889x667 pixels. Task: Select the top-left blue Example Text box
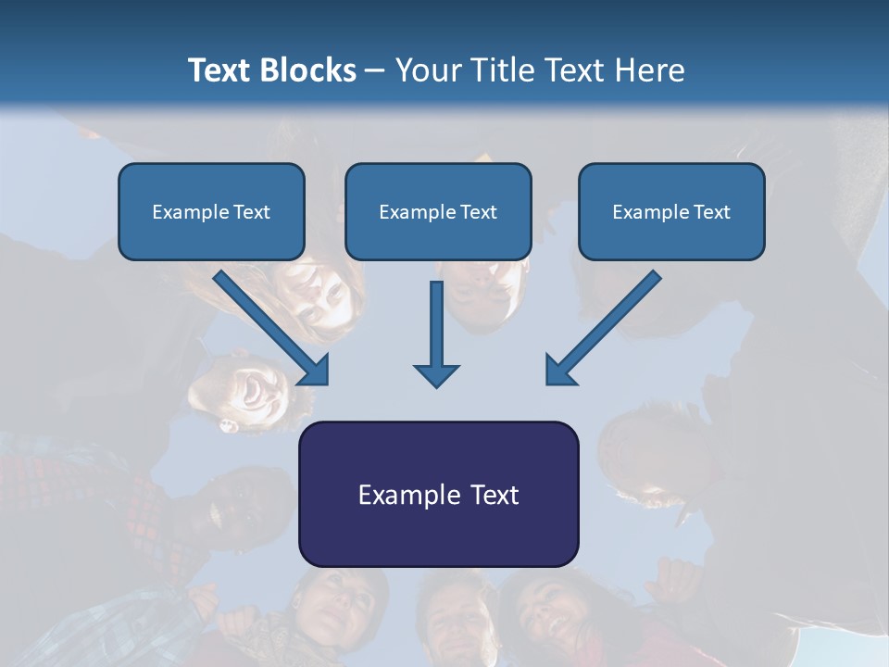tap(211, 211)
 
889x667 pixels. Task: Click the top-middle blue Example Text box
tap(438, 211)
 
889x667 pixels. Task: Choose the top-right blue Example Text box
tap(671, 211)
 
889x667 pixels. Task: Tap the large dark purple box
tap(438, 494)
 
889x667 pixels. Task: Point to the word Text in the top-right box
tap(711, 212)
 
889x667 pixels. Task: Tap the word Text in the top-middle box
tap(478, 212)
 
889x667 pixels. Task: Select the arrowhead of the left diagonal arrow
tap(314, 370)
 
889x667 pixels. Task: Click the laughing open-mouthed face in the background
tap(250, 389)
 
